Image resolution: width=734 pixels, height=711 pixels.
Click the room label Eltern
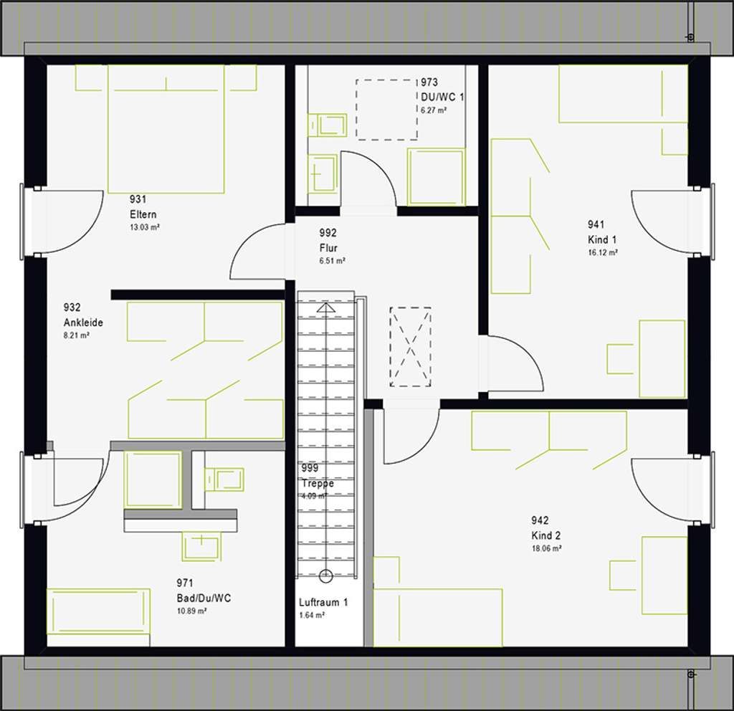pyautogui.click(x=143, y=214)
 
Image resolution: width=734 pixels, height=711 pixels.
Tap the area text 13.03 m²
pyautogui.click(x=144, y=227)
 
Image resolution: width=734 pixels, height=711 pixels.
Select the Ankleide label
pyautogui.click(x=83, y=323)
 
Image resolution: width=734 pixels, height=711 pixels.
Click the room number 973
pyautogui.click(x=429, y=83)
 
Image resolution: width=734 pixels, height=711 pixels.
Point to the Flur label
pyautogui.click(x=328, y=248)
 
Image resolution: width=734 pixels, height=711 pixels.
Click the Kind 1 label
pyautogui.click(x=602, y=239)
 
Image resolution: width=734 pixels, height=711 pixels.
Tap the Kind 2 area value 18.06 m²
pyautogui.click(x=545, y=548)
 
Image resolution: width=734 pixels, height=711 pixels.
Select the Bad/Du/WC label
pyautogui.click(x=204, y=598)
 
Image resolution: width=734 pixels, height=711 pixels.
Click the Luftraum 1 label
pyautogui.click(x=323, y=603)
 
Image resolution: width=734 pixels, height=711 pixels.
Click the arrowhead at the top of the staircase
pyautogui.click(x=326, y=307)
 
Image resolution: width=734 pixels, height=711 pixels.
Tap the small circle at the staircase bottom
pyautogui.click(x=326, y=574)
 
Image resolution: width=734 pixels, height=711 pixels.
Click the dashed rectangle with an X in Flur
pyautogui.click(x=410, y=347)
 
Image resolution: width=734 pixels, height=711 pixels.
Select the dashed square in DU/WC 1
pyautogui.click(x=386, y=110)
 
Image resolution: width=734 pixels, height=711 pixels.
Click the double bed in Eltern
pyautogui.click(x=166, y=129)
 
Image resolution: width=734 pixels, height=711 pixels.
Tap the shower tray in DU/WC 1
pyautogui.click(x=436, y=176)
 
